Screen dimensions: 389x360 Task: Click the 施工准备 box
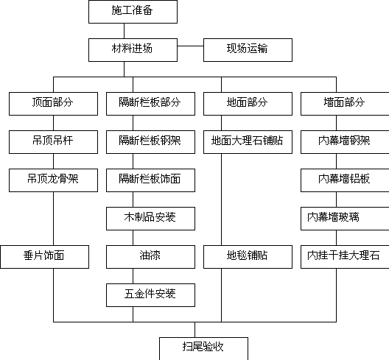pyautogui.click(x=133, y=12)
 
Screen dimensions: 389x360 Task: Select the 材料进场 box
pyautogui.click(x=133, y=50)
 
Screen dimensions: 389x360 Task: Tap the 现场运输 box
pyautogui.click(x=248, y=50)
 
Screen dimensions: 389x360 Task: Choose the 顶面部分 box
pyautogui.click(x=53, y=104)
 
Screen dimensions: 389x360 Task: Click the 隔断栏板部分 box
pyautogui.click(x=150, y=104)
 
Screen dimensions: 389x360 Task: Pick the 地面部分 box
pyautogui.click(x=248, y=104)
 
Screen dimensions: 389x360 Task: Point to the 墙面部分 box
pyautogui.click(x=345, y=104)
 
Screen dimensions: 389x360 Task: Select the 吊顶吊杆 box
pyautogui.click(x=53, y=142)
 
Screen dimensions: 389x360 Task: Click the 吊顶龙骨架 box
pyautogui.click(x=53, y=180)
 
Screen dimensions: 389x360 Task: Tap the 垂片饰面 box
pyautogui.click(x=45, y=257)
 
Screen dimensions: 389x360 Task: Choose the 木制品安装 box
pyautogui.click(x=150, y=219)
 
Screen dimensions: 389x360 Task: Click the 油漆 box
pyautogui.click(x=150, y=257)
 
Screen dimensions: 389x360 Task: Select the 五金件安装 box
pyautogui.click(x=150, y=295)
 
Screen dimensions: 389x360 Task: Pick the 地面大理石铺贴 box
pyautogui.click(x=248, y=142)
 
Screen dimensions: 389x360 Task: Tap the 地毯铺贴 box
pyautogui.click(x=248, y=257)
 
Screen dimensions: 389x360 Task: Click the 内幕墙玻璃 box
pyautogui.click(x=345, y=219)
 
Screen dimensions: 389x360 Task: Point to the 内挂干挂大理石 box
pyautogui.click(x=345, y=257)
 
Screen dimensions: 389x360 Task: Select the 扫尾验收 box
pyautogui.click(x=203, y=349)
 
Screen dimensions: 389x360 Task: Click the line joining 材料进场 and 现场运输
pyautogui.click(x=190, y=46)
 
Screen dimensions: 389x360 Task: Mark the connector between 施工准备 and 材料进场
pyautogui.click(x=124, y=31)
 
